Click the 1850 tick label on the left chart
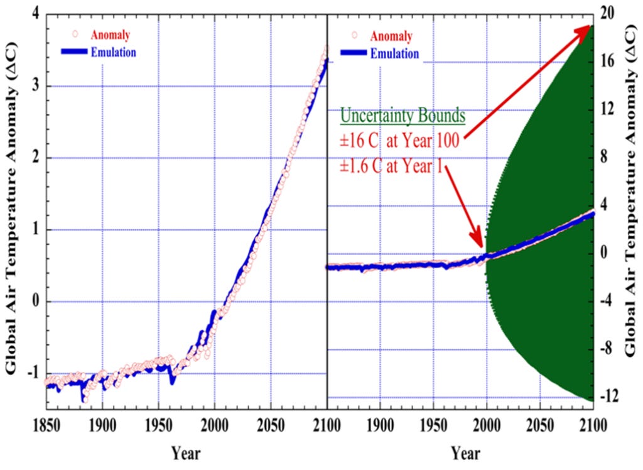[46, 425]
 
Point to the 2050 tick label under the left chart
[271, 425]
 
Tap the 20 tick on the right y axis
[607, 13]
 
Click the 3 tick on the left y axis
[36, 86]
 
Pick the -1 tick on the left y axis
[34, 373]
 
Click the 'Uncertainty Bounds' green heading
[403, 116]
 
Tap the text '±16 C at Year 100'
[399, 141]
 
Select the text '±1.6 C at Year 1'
[391, 166]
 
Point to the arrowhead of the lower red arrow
[478, 240]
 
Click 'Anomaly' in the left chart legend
[111, 35]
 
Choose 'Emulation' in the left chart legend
[113, 53]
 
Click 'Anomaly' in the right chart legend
[391, 36]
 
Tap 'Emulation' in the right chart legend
[394, 54]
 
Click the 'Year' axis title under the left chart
[186, 453]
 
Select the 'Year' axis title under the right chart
[465, 453]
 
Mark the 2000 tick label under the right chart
[487, 425]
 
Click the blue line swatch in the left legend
[74, 52]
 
